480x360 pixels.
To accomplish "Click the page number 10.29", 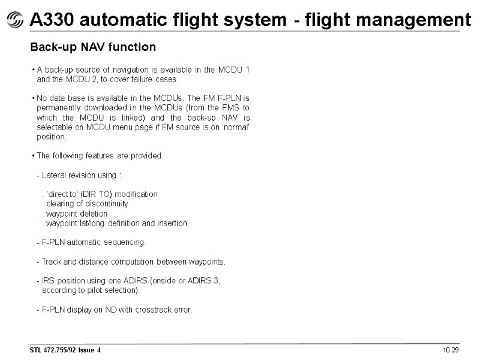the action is (x=451, y=350).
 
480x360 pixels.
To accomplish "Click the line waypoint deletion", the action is (x=75, y=214).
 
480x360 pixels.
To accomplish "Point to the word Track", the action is (x=52, y=262).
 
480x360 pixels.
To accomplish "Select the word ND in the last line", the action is (x=105, y=310).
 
